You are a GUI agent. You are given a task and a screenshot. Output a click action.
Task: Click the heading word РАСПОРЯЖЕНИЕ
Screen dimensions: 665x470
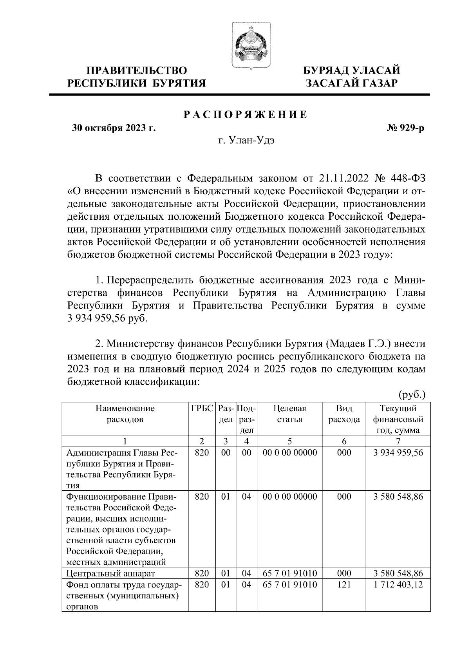pos(246,115)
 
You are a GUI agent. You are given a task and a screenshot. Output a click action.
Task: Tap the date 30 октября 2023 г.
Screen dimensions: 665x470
pos(114,128)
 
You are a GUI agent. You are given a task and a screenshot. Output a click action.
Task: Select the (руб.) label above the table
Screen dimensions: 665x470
pos(412,394)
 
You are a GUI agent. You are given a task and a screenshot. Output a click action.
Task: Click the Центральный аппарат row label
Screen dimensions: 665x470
pos(111,574)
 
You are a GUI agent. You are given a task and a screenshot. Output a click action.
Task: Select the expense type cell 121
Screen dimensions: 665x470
pos(344,585)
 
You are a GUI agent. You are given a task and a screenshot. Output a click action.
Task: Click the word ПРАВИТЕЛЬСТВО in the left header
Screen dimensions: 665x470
pos(137,71)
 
